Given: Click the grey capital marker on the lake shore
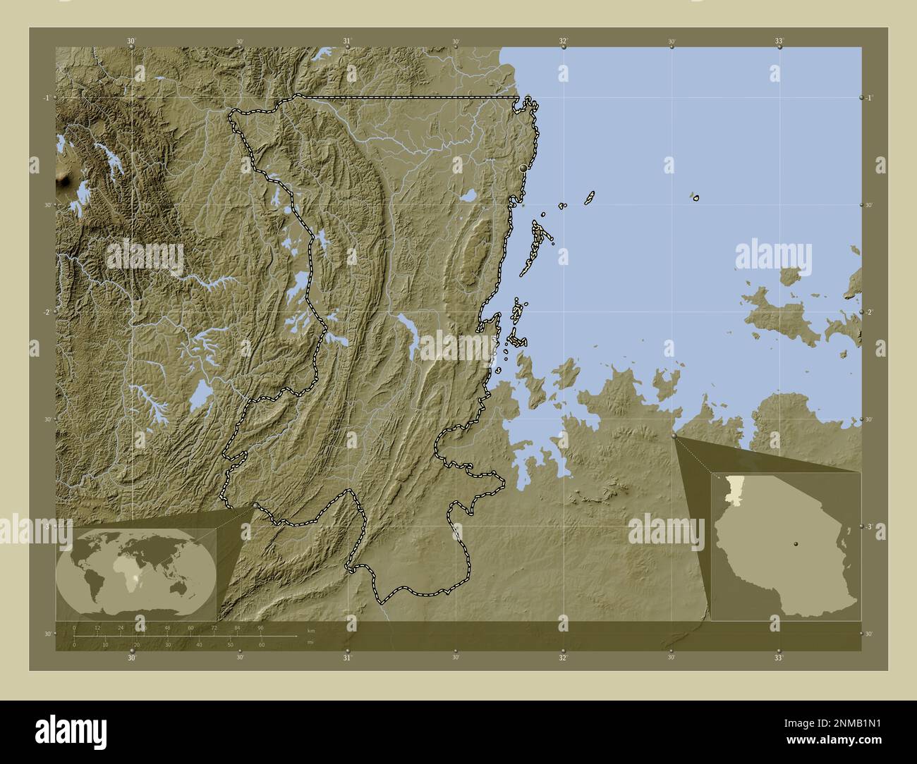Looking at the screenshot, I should [523, 168].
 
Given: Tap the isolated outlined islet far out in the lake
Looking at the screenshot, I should [696, 198].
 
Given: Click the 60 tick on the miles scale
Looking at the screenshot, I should [261, 644].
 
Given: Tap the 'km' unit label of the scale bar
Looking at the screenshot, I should [310, 629].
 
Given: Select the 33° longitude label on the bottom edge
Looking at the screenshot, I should [778, 658].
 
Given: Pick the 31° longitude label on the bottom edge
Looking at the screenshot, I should [347, 658].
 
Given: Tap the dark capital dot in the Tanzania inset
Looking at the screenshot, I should [796, 543].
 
